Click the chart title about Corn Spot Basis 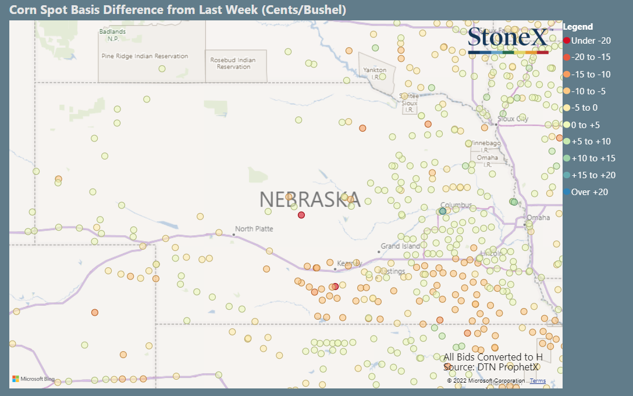click(x=177, y=10)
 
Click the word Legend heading click(x=578, y=27)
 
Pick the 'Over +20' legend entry click(x=589, y=192)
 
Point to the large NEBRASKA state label click(x=310, y=200)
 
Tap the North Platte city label click(x=254, y=229)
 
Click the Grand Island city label click(x=400, y=246)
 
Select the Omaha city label click(x=538, y=218)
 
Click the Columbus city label click(x=456, y=205)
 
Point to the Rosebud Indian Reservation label click(x=233, y=63)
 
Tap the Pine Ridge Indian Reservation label click(x=144, y=56)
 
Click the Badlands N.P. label click(x=112, y=35)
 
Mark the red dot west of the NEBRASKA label click(x=301, y=215)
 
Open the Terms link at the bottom click(x=538, y=381)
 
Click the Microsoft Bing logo click(x=33, y=379)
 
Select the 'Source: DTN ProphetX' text click(x=490, y=367)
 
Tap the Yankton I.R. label click(x=375, y=73)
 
